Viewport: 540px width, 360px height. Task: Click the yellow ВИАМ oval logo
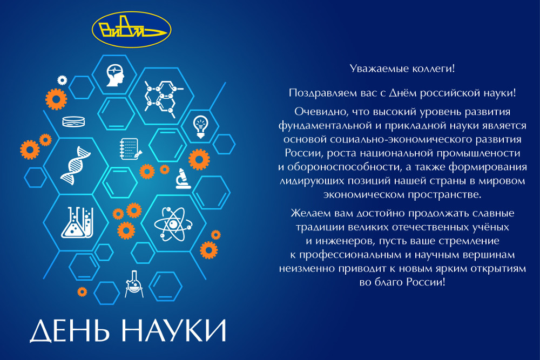click(132, 30)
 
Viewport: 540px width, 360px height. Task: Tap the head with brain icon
click(115, 76)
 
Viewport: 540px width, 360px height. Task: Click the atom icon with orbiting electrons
click(173, 224)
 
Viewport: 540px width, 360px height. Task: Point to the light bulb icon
click(200, 127)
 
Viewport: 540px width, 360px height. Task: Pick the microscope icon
click(183, 179)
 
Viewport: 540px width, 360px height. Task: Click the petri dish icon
click(73, 121)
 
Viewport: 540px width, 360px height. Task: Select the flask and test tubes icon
click(77, 222)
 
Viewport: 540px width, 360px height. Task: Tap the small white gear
click(62, 80)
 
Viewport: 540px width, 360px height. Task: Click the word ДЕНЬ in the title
click(70, 331)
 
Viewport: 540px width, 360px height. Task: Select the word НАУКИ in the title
click(174, 330)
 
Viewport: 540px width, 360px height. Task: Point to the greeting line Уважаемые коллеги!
click(402, 69)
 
